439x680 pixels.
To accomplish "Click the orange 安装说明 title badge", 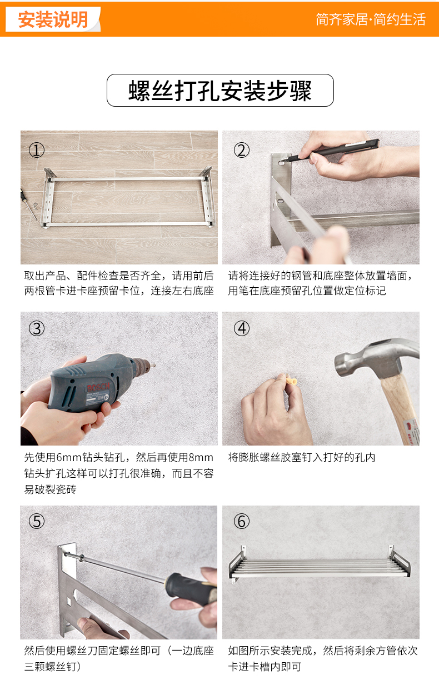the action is pyautogui.click(x=53, y=19).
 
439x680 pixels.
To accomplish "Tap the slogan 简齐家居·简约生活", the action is pyautogui.click(x=371, y=19).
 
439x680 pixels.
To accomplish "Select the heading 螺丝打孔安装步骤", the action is pyautogui.click(x=220, y=91).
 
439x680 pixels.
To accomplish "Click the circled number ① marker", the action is pyautogui.click(x=37, y=150).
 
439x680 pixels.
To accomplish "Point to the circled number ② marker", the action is pyautogui.click(x=242, y=150).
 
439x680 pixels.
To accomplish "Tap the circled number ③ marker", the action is pyautogui.click(x=37, y=328).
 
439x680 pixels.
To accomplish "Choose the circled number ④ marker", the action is pyautogui.click(x=242, y=328).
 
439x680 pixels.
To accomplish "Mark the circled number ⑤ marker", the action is pyautogui.click(x=37, y=522).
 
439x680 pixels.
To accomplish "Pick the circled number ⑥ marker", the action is pyautogui.click(x=242, y=522).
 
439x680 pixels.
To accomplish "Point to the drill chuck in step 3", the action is pyautogui.click(x=143, y=365).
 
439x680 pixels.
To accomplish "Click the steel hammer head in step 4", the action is pyautogui.click(x=376, y=358).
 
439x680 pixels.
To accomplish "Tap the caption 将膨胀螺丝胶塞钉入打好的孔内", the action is pyautogui.click(x=302, y=457).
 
